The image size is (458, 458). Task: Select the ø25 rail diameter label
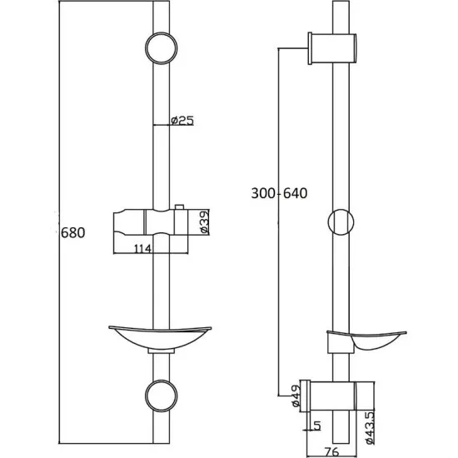point(182,122)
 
